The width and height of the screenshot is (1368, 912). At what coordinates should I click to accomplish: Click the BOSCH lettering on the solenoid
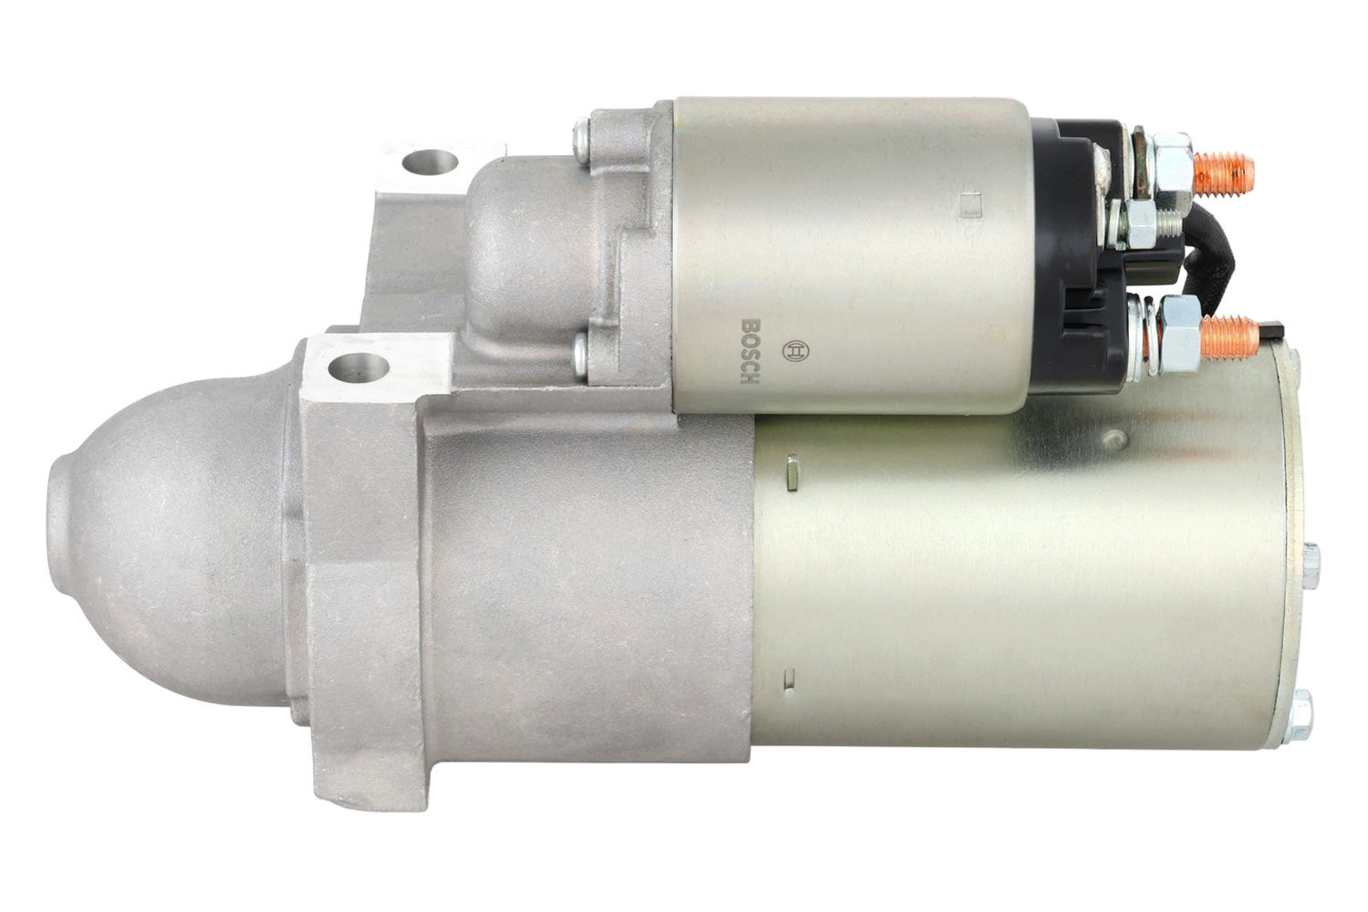(750, 351)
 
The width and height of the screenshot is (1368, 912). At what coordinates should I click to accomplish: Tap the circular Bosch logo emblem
(795, 350)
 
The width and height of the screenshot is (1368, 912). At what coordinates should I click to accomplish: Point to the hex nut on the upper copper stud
(1170, 162)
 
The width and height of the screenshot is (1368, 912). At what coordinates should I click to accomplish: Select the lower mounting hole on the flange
(359, 368)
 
